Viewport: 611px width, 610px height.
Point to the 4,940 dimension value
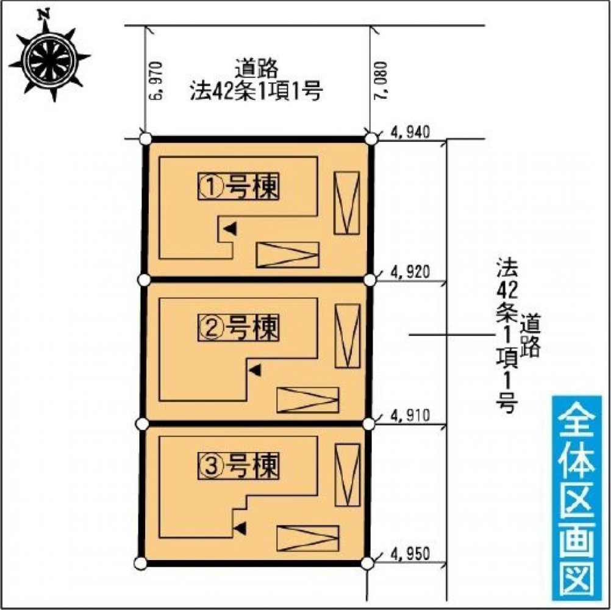pos(410,131)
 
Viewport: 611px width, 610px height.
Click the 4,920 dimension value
pos(410,271)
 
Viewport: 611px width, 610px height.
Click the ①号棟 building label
pos(238,187)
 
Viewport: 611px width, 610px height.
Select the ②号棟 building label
pos(238,329)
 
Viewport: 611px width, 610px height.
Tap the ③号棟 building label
pos(238,467)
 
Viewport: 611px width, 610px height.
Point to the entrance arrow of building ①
pos(230,229)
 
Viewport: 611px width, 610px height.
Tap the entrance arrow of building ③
pos(241,527)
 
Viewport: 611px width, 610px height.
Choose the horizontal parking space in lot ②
pos(307,400)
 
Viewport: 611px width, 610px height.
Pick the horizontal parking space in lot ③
pos(307,537)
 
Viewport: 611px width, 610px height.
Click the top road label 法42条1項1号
pos(255,93)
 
